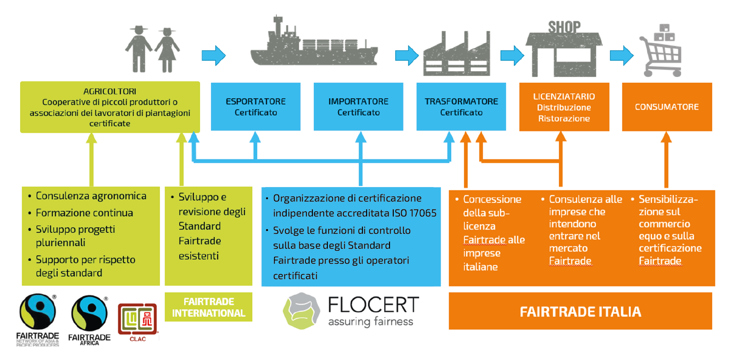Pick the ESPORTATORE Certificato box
(x=255, y=107)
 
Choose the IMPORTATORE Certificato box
(x=358, y=107)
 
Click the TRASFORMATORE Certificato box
(x=461, y=107)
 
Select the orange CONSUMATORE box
(x=667, y=107)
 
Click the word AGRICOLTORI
(x=110, y=92)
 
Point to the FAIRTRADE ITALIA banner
(x=580, y=311)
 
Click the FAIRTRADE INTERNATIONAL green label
(x=209, y=307)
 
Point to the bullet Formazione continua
(x=84, y=213)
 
